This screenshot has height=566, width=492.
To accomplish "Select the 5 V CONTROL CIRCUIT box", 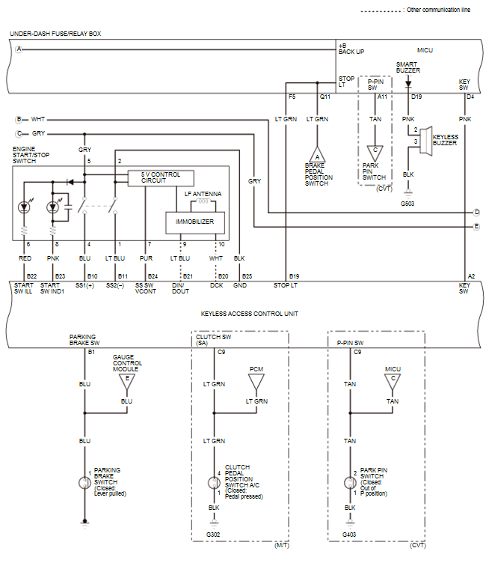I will click(x=160, y=177).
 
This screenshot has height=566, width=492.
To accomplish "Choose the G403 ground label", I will click(x=349, y=535).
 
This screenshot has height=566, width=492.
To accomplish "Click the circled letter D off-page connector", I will click(x=476, y=212).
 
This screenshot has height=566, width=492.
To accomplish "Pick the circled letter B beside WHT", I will click(x=19, y=119).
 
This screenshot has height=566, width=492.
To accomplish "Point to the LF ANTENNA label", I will click(x=203, y=194).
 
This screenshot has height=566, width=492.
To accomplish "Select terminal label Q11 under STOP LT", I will click(x=325, y=97).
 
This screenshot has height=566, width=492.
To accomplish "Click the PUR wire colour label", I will click(x=146, y=258).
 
